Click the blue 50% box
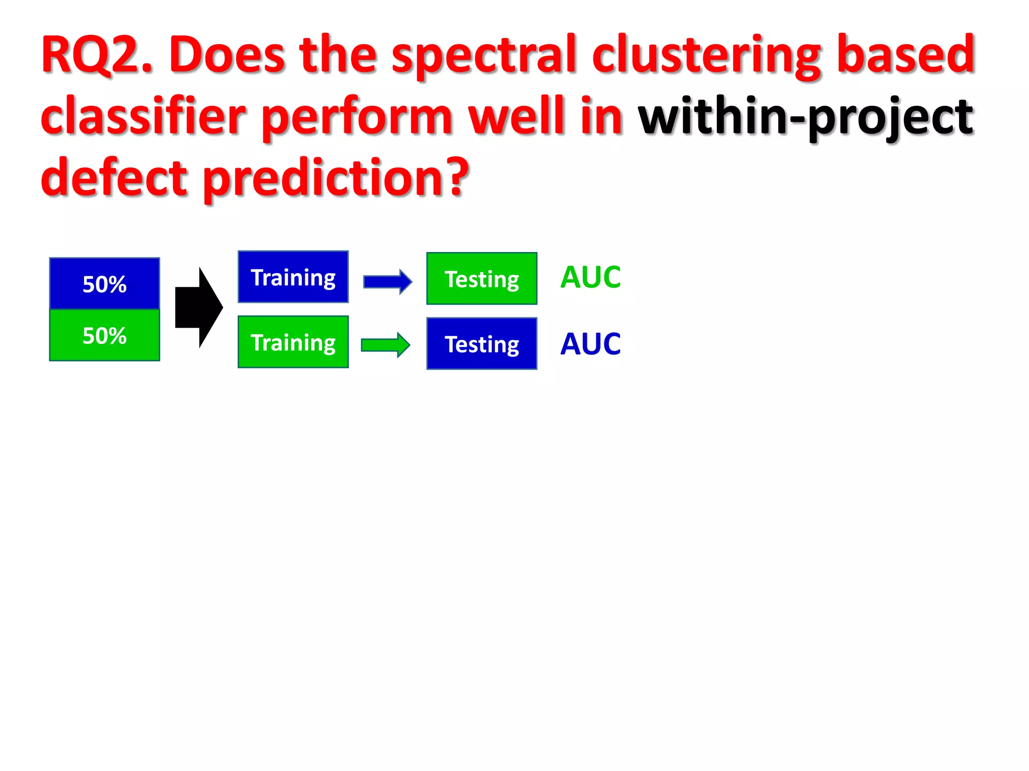[x=105, y=283]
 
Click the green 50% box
[x=105, y=335]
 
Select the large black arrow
[x=198, y=307]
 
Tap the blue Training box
[x=293, y=277]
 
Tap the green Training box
[x=293, y=342]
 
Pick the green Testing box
[x=481, y=279]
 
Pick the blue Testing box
[x=481, y=344]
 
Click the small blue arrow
[x=387, y=282]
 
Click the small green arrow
[x=385, y=345]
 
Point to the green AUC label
[x=590, y=277]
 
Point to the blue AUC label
[x=590, y=344]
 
